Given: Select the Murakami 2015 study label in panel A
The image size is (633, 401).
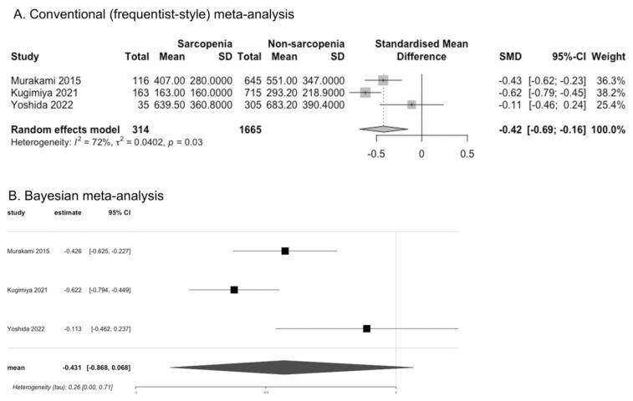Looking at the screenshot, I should [47, 79].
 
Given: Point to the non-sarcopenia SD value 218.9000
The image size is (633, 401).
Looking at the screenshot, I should [322, 92].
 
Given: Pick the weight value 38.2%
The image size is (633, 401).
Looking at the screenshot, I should [608, 92].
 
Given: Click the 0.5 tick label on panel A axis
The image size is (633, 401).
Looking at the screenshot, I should [466, 155].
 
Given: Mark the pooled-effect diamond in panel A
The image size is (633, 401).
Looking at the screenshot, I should [382, 129].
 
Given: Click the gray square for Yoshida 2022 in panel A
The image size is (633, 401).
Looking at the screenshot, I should [411, 104].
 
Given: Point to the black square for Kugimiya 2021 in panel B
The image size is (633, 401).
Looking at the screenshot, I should [234, 290].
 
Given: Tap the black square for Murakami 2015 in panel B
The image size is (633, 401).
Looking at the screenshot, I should [285, 251].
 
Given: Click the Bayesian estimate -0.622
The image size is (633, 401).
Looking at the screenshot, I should [73, 290].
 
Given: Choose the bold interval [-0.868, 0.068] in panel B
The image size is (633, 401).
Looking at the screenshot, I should [109, 368].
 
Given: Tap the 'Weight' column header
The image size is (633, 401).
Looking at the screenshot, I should [608, 57].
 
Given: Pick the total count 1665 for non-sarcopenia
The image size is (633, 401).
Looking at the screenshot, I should [249, 130].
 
